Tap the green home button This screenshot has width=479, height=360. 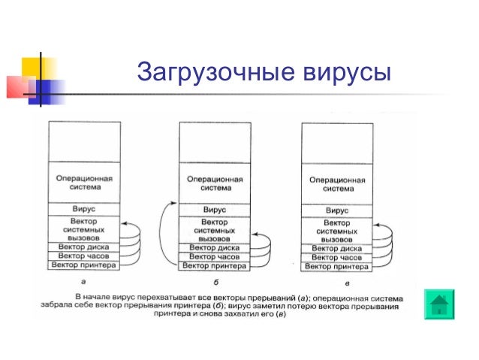(x=438, y=304)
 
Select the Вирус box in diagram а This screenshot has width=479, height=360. (x=84, y=207)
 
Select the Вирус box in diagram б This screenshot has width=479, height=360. (x=215, y=210)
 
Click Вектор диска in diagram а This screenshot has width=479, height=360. (x=84, y=247)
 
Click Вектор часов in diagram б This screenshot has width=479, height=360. (x=215, y=256)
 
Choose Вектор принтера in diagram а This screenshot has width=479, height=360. (x=84, y=265)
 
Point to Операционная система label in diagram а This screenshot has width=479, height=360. (x=84, y=183)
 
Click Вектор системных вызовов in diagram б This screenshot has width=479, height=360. (x=215, y=228)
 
